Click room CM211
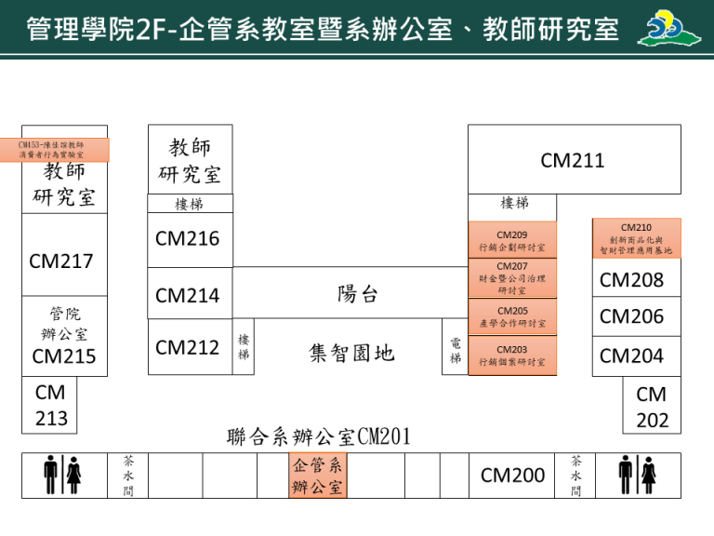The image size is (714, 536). (x=573, y=160)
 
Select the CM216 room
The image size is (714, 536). (x=189, y=239)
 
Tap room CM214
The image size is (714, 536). (x=189, y=296)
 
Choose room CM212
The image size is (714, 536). (x=189, y=347)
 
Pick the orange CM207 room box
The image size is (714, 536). (x=512, y=277)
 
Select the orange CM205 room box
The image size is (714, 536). (x=512, y=316)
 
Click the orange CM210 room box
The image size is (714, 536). (x=636, y=238)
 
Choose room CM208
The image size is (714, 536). (x=632, y=279)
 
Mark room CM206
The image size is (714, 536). (x=632, y=316)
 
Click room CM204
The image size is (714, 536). (x=632, y=355)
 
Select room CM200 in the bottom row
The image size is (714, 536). (x=512, y=476)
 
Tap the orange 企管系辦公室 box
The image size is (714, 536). (x=318, y=476)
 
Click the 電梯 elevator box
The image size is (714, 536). (x=455, y=351)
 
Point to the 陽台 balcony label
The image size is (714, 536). (x=358, y=294)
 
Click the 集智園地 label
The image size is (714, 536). (x=351, y=352)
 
